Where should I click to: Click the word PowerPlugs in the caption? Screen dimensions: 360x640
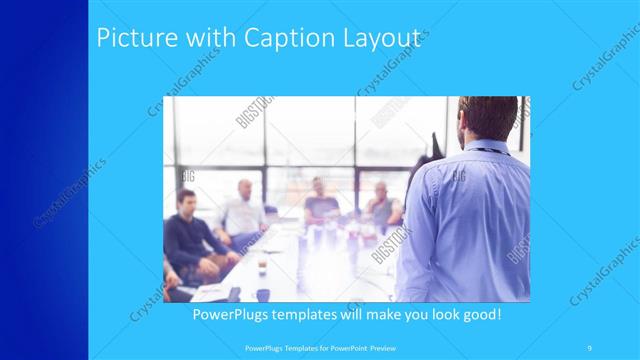227,314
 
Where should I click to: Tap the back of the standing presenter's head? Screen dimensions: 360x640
483,118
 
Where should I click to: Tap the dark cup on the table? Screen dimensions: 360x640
263,294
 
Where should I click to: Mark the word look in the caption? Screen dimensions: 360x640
438,314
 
